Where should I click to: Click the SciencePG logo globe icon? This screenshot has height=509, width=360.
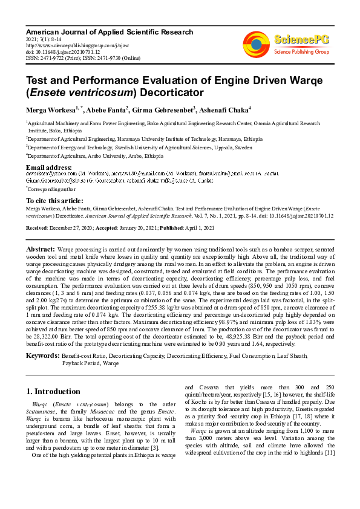(256, 42)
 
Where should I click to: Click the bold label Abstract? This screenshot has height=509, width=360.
(40, 249)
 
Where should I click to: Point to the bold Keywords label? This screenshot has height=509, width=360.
(43, 355)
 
